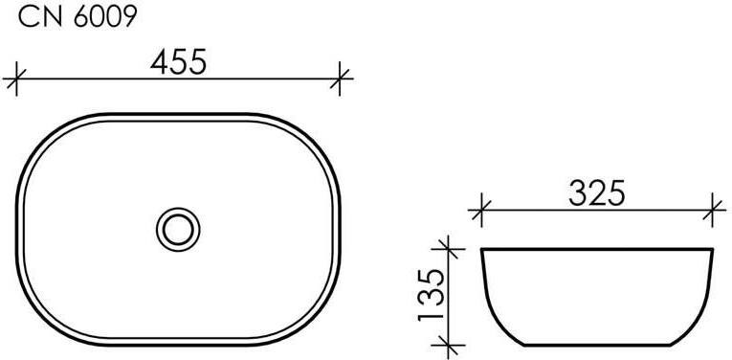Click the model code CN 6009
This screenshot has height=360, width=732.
pos(78,17)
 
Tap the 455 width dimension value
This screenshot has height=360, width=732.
pos(178,61)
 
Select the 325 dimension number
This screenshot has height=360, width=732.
pos(597,193)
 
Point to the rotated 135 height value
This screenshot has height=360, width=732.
pos(431,295)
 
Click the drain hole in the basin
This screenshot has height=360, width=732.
pos(178,230)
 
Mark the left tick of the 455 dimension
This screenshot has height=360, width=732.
pos(16,79)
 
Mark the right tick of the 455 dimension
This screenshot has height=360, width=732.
pos(340,79)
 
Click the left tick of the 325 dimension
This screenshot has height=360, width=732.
pos(481,211)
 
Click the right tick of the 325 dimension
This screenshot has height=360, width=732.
pos(713,211)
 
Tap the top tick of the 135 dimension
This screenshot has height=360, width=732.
pos(448,249)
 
